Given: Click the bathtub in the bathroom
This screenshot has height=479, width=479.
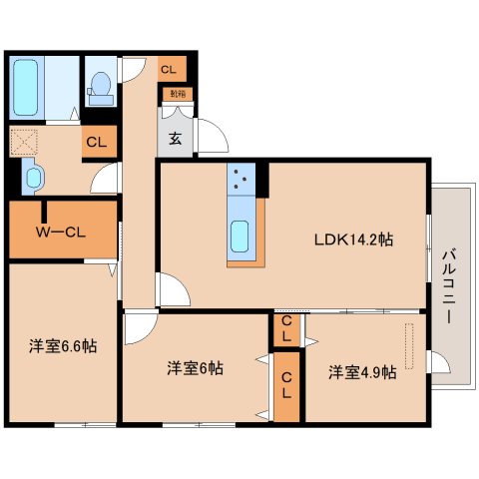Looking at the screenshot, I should [x=27, y=87].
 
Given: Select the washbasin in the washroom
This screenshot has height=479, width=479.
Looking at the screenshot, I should [x=33, y=179].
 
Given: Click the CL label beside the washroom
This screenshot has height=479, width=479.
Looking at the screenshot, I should [x=96, y=142].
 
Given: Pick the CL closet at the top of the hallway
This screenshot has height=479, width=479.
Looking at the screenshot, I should [x=169, y=70].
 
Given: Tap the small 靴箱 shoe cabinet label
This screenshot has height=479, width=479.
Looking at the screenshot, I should [x=177, y=95].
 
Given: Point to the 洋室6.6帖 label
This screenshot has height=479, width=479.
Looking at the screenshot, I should [x=62, y=346].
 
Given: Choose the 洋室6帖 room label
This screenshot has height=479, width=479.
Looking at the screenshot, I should [x=194, y=367].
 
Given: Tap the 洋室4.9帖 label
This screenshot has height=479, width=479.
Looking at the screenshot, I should [x=362, y=372].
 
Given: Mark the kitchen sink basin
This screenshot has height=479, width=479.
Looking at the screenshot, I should [x=241, y=238].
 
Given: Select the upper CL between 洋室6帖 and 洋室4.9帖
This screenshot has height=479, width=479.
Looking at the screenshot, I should [x=285, y=329].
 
